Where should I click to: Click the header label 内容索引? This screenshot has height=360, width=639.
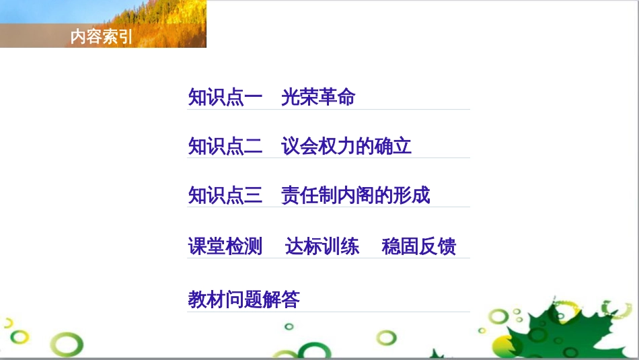(x=102, y=38)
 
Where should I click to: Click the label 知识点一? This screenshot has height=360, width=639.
(x=225, y=98)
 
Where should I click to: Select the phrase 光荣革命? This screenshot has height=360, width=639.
(x=318, y=98)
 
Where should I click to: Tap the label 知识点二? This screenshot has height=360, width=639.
(x=225, y=147)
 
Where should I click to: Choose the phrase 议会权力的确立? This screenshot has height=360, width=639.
(x=346, y=147)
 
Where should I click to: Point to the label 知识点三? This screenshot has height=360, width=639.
(x=225, y=196)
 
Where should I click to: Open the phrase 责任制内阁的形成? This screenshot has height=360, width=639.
(x=356, y=196)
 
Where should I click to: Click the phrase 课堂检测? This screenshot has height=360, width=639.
(x=225, y=246)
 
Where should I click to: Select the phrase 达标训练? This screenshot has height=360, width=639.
(x=322, y=246)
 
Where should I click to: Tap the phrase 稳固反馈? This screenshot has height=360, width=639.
(x=419, y=246)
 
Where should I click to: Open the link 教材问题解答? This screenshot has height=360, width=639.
(x=244, y=299)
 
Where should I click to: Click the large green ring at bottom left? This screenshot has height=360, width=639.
(x=68, y=345)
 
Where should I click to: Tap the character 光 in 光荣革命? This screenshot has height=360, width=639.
(x=291, y=98)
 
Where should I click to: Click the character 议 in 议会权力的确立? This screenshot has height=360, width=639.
(x=291, y=147)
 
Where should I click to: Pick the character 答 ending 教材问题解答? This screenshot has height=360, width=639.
(x=291, y=299)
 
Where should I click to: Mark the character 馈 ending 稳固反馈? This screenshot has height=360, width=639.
(x=447, y=246)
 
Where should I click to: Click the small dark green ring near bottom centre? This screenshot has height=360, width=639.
(x=289, y=327)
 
